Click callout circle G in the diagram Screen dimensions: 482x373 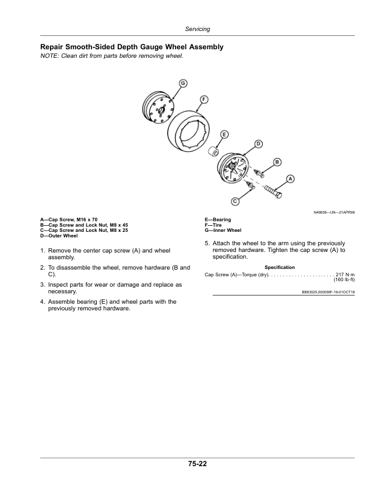[182, 83]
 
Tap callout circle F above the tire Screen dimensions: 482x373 [204, 99]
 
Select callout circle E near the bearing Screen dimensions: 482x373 [224, 133]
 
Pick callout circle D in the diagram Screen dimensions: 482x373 [258, 144]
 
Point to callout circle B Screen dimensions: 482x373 [277, 161]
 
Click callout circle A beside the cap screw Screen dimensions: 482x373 [290, 178]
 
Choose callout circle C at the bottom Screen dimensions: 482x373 [235, 201]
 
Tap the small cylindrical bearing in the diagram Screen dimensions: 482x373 [215, 150]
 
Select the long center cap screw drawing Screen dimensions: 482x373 [273, 190]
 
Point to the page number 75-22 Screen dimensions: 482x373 [197, 464]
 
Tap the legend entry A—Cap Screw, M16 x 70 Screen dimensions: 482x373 [69, 220]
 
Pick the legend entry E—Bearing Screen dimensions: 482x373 [218, 220]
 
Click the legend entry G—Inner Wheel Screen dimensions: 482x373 [224, 231]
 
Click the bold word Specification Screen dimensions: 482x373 [280, 267]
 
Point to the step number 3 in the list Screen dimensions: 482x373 [42, 284]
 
